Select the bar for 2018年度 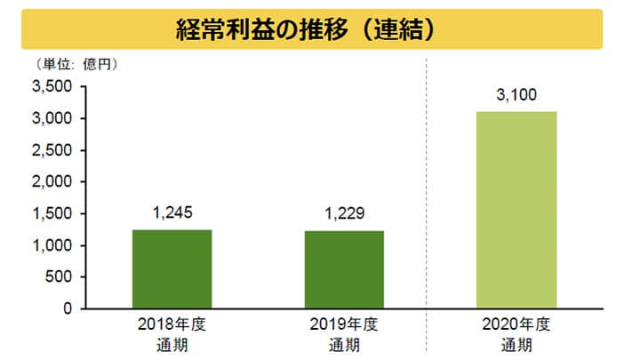172,268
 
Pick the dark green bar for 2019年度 345,269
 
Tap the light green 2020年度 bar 516,210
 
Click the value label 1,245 172,213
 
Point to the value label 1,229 345,214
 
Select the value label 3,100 516,95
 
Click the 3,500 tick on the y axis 52,87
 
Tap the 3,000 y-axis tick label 52,119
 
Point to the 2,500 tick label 52,150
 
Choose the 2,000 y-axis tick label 52,182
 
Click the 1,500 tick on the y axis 52,214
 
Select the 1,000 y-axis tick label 52,245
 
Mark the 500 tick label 60,277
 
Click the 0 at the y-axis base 68,309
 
